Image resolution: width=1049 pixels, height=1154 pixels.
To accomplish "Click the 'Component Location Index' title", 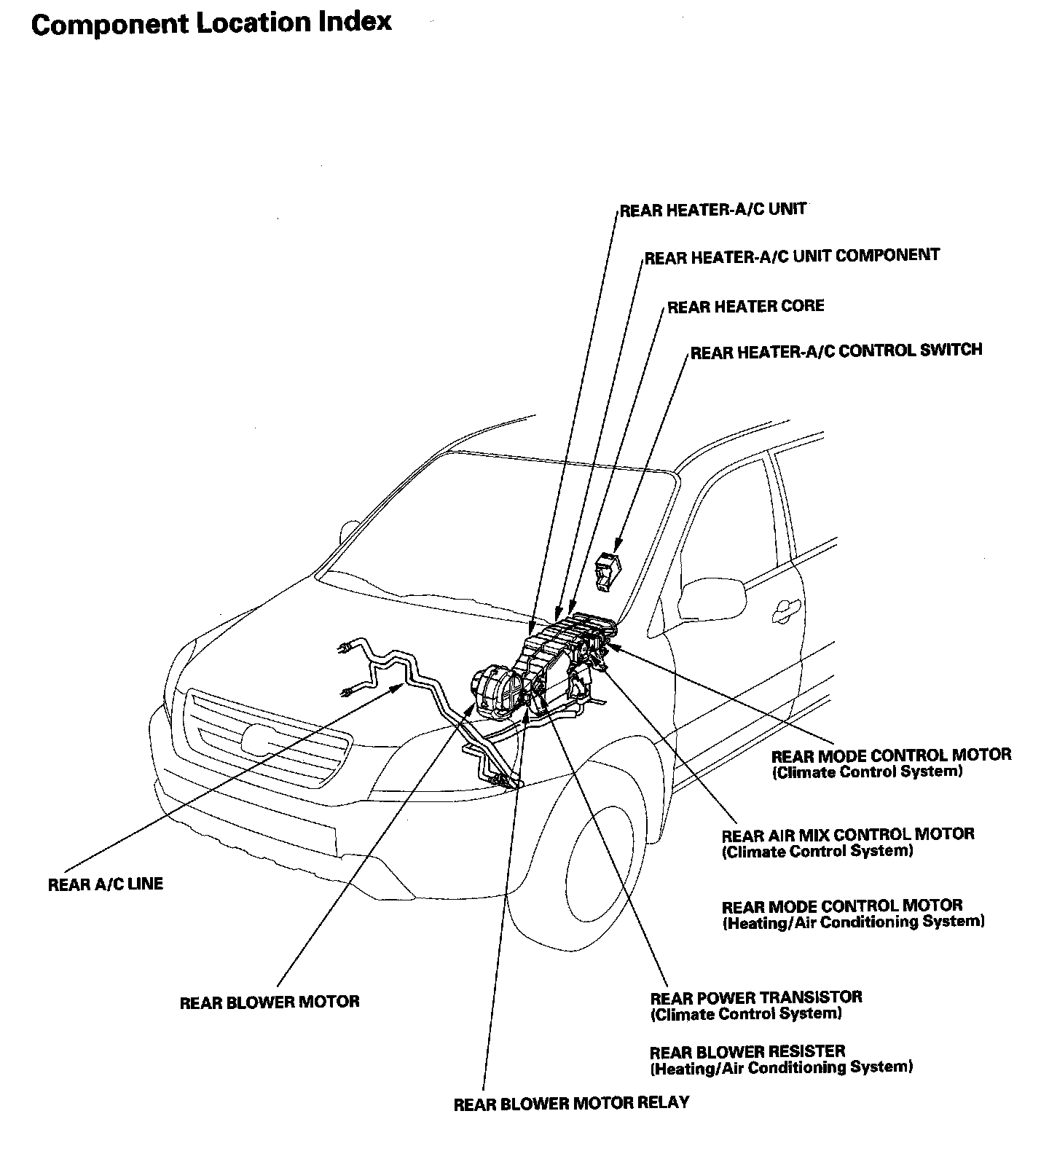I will click(x=211, y=23).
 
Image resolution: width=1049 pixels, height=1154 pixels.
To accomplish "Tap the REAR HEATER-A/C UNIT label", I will click(x=713, y=210).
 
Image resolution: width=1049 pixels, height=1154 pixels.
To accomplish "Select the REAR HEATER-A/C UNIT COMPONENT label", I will click(x=792, y=256).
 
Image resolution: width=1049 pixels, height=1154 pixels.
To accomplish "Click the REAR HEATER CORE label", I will click(x=746, y=306).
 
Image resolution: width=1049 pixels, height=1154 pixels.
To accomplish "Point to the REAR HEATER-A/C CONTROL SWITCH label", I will click(x=836, y=351).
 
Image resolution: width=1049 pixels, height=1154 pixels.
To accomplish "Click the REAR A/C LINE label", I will click(x=106, y=884).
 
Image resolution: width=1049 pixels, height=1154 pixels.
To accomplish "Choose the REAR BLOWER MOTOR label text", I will click(x=270, y=1002).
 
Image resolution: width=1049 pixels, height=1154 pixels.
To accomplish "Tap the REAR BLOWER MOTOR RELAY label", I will click(x=571, y=1103).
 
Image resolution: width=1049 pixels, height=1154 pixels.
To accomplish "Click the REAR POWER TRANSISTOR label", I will click(x=756, y=998).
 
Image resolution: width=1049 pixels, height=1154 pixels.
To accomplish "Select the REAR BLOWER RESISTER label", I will click(x=747, y=1052).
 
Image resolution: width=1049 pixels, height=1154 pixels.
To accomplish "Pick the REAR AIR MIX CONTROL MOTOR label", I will click(x=848, y=835).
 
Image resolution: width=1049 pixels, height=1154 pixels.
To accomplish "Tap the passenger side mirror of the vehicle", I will click(x=712, y=597).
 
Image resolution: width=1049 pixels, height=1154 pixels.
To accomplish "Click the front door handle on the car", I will click(x=786, y=606).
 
